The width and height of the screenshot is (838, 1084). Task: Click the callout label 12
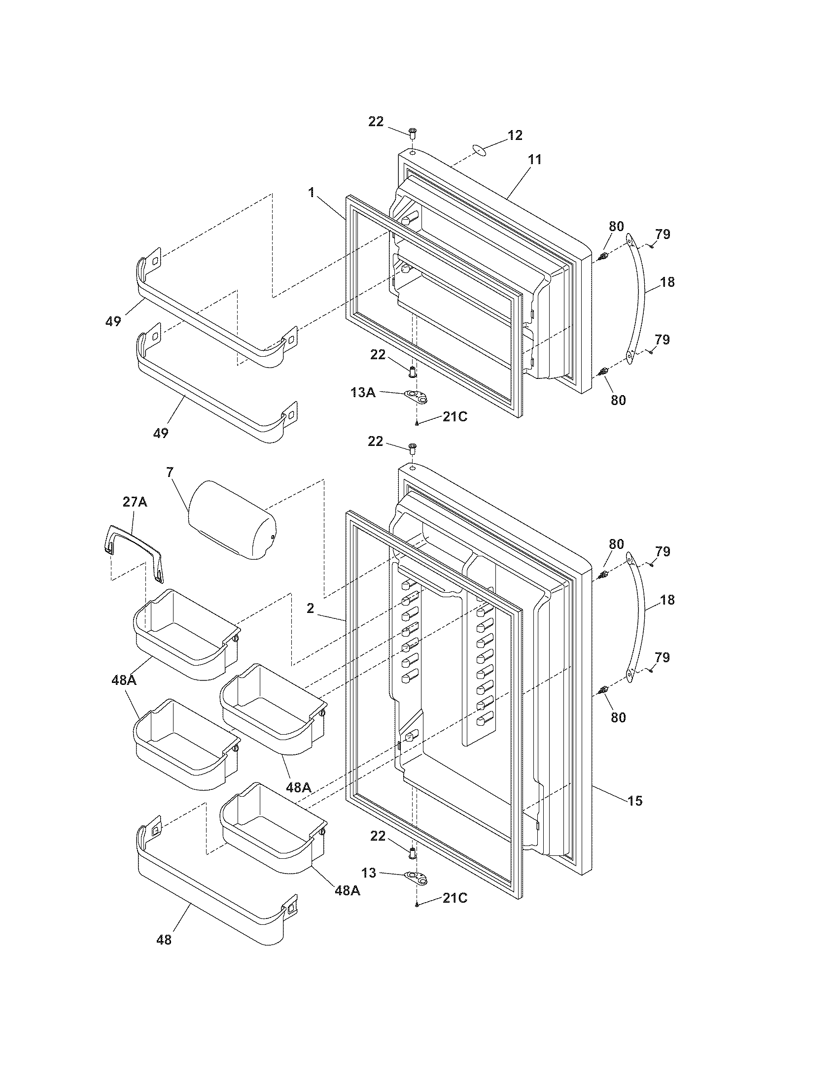[x=515, y=135]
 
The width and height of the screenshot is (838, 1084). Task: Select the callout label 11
[x=535, y=160]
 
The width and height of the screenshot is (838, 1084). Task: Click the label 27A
[x=135, y=502]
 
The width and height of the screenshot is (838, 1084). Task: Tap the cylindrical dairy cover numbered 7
[x=231, y=519]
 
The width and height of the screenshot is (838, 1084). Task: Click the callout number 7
[x=170, y=472]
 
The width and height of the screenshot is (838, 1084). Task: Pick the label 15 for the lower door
[x=635, y=801]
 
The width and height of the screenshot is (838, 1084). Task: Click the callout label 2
[x=310, y=609]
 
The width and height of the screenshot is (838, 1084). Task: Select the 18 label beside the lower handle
[x=668, y=600]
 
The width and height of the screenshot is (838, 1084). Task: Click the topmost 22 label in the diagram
[x=376, y=121]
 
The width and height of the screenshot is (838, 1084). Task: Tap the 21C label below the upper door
[x=455, y=417]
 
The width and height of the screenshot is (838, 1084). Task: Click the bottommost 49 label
[x=161, y=433]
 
